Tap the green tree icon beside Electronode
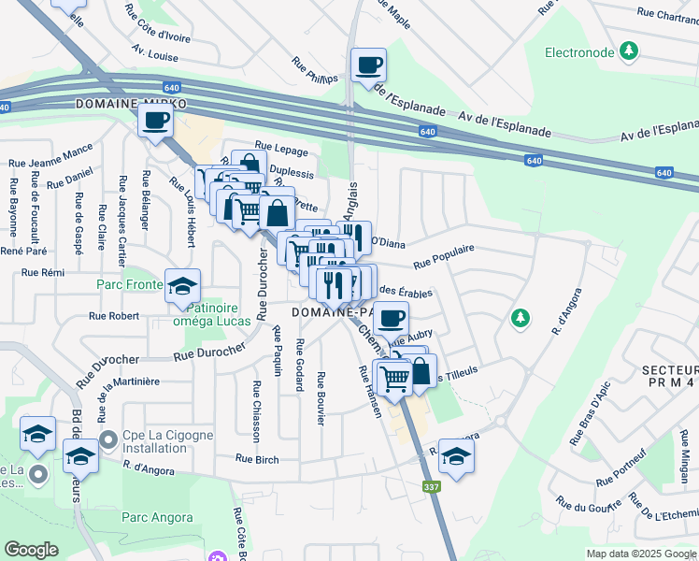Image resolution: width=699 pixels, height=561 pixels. (x=631, y=50)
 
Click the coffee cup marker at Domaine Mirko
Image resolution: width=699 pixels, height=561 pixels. (x=156, y=120)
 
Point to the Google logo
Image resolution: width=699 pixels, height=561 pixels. (x=32, y=550)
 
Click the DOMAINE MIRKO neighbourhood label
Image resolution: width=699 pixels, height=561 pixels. (x=132, y=103)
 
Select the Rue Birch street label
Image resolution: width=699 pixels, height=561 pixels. (x=257, y=458)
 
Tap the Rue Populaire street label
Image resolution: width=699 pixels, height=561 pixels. (x=444, y=255)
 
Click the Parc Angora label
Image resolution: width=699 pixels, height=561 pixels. (x=157, y=517)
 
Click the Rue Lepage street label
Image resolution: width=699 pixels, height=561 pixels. (x=275, y=147)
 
